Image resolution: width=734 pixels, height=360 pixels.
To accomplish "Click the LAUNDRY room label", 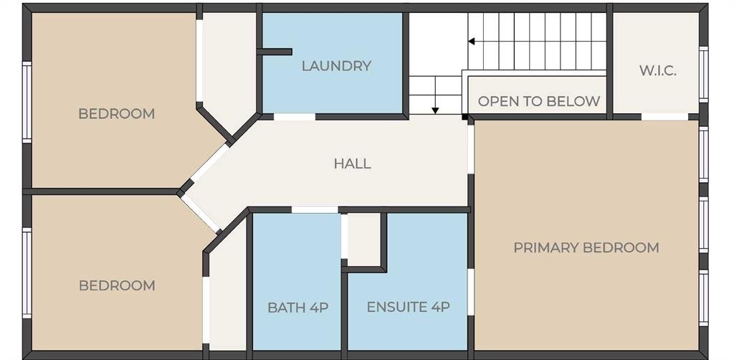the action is (x=336, y=66).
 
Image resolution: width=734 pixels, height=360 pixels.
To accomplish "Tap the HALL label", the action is (x=353, y=164).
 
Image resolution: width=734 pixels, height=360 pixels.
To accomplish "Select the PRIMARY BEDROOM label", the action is (x=586, y=247).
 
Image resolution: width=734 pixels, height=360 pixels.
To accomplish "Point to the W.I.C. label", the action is (x=658, y=72).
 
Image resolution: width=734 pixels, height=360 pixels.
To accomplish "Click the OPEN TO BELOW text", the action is (x=539, y=101).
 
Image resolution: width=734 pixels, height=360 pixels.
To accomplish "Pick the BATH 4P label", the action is (x=297, y=308).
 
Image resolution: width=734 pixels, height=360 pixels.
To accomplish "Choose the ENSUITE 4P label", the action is (x=408, y=308).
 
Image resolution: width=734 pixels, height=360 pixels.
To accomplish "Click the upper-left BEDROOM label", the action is (x=117, y=114).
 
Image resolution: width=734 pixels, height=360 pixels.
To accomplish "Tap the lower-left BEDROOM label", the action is (x=117, y=285).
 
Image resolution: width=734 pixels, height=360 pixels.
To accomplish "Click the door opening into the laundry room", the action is (x=295, y=117).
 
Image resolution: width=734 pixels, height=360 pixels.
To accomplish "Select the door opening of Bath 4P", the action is (x=315, y=209).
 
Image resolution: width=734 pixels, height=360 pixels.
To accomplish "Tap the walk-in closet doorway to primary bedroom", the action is (x=664, y=117).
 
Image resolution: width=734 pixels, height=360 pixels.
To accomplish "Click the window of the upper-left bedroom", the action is (x=27, y=102).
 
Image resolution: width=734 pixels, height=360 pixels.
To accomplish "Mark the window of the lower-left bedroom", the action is (x=27, y=273).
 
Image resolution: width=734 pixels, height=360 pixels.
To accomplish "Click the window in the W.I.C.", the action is (x=704, y=75).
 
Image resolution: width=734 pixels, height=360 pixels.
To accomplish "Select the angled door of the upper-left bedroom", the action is (x=210, y=162).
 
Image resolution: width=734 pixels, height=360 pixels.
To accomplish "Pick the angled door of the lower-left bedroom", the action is (x=201, y=214).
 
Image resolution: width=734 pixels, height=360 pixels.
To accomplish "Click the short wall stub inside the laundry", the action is (x=275, y=52).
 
